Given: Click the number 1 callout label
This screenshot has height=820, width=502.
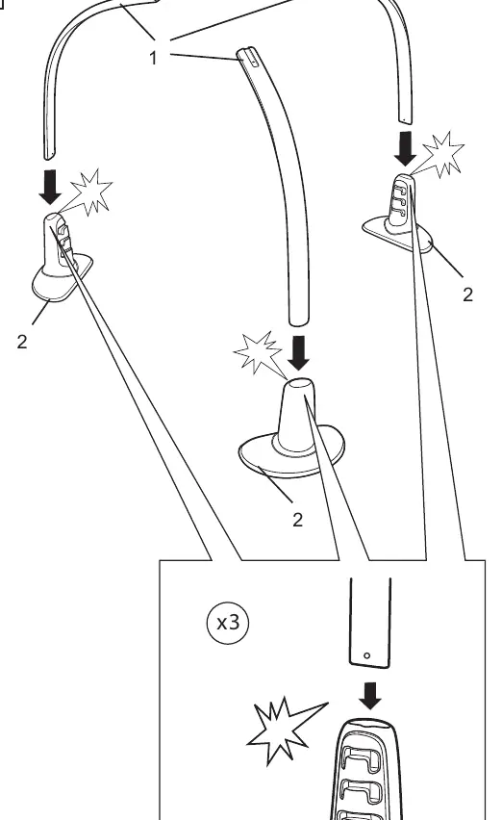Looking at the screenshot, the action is (x=153, y=58).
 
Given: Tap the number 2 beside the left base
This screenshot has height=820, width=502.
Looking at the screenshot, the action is (x=21, y=342).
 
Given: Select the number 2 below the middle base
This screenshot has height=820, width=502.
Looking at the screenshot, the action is (x=297, y=520).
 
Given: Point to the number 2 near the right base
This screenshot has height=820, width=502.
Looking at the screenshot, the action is (x=467, y=295).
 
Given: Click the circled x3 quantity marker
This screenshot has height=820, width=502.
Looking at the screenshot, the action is (x=228, y=623).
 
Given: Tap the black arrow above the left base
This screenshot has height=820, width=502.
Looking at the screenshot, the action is (x=50, y=187).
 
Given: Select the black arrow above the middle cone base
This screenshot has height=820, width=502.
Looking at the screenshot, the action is (x=299, y=353).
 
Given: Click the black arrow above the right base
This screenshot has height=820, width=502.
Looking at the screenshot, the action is (x=406, y=149).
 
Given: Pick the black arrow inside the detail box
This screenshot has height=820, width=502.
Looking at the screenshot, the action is (x=370, y=696).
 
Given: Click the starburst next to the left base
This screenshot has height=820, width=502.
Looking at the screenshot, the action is (x=89, y=192).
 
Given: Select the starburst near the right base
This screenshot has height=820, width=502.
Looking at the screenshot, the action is (x=441, y=155).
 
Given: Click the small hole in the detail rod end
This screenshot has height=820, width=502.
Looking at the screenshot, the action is (x=366, y=655).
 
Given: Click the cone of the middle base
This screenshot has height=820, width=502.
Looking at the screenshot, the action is (x=298, y=415).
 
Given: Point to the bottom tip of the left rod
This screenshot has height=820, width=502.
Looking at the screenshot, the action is (x=50, y=157).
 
